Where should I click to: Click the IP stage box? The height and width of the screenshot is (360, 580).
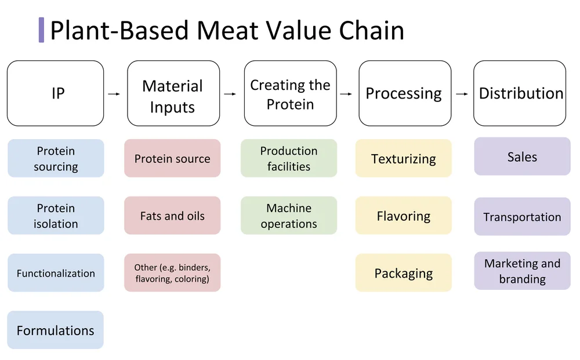(56, 93)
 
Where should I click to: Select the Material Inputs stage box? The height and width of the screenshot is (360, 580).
(173, 93)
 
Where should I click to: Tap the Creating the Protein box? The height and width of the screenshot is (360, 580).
(290, 93)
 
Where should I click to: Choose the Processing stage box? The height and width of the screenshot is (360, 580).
(404, 93)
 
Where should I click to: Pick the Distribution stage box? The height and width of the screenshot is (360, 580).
(520, 93)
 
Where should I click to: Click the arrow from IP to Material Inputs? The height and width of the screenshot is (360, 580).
(114, 93)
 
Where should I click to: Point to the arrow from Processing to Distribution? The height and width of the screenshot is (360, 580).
(462, 93)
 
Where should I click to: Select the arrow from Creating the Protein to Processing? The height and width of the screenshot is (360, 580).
(346, 93)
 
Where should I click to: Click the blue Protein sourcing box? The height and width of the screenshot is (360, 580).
(56, 158)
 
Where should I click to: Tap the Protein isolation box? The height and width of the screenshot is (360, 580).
(56, 216)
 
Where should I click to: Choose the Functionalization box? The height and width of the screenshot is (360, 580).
(56, 272)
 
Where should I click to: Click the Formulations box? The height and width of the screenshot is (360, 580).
(56, 330)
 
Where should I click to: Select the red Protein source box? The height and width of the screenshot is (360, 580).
(172, 158)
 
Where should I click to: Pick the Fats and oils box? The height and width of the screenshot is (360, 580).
(172, 216)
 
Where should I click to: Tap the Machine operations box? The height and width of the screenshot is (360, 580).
(289, 216)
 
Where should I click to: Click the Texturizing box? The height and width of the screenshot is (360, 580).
(404, 158)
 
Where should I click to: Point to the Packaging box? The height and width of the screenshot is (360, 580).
(404, 272)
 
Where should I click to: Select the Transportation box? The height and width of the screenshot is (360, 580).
(522, 217)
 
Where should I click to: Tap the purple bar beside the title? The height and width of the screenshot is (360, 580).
(41, 30)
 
